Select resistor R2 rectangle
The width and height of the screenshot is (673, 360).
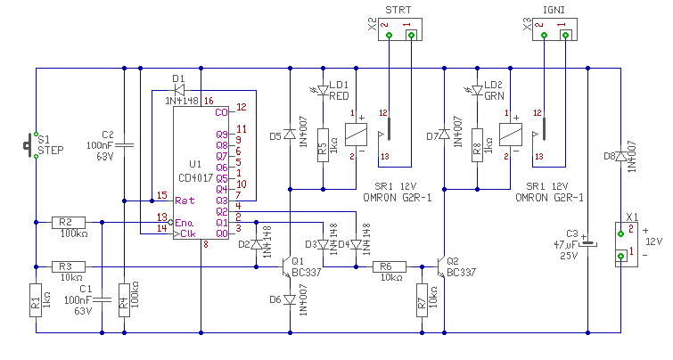[x=69, y=222]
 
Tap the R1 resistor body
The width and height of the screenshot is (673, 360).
[x=36, y=300]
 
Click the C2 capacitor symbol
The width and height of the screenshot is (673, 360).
[x=125, y=145]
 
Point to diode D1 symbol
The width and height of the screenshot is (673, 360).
[x=179, y=90]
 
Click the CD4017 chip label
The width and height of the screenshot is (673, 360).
[x=196, y=177]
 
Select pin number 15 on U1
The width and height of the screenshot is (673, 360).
[x=162, y=195]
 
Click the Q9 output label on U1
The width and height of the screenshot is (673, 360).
[x=222, y=135]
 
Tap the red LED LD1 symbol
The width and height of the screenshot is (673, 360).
[x=323, y=91]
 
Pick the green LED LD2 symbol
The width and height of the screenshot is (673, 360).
[x=477, y=91]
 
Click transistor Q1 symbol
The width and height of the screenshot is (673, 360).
[x=286, y=267]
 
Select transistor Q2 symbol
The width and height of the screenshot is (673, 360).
[x=441, y=267]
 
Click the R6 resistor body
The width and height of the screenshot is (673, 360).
[x=389, y=267]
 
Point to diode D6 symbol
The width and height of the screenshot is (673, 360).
[x=290, y=300]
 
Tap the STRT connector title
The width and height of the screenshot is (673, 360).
[x=398, y=10]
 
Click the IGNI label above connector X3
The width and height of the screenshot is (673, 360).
[x=554, y=10]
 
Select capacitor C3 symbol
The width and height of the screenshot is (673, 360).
[x=588, y=244]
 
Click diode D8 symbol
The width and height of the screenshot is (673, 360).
[x=620, y=156]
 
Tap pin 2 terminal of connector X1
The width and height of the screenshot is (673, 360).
[x=620, y=233]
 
